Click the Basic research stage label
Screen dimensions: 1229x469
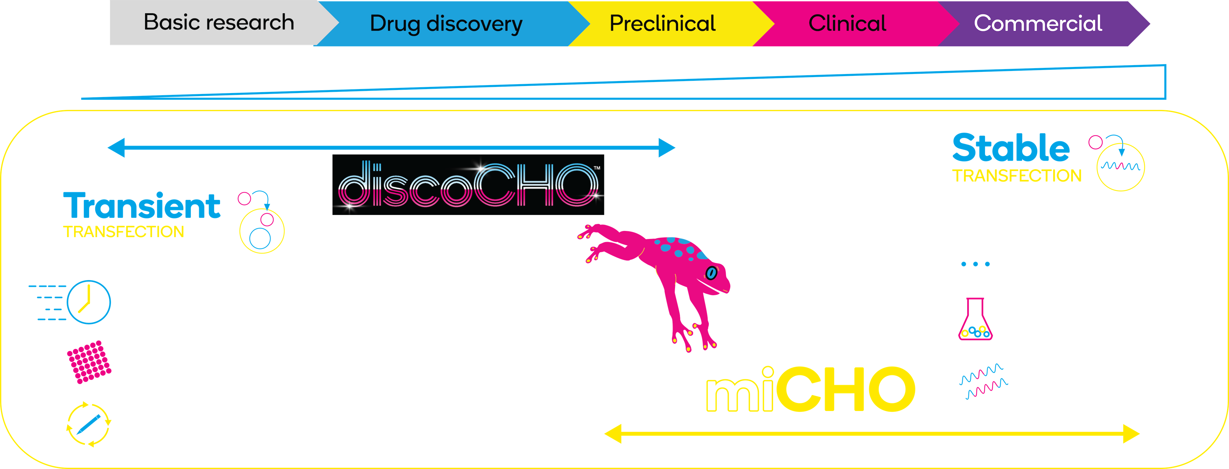click(x=219, y=22)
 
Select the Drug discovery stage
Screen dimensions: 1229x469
click(x=446, y=23)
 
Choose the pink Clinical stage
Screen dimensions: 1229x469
click(x=847, y=23)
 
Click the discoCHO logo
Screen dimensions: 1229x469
click(x=468, y=185)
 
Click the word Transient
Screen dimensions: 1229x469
click(x=142, y=206)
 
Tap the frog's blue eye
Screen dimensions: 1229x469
click(x=711, y=273)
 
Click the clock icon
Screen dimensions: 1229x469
click(x=89, y=302)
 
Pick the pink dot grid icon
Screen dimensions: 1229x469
click(x=89, y=362)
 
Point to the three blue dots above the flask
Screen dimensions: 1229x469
click(x=975, y=264)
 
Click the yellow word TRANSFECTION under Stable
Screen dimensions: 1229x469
click(x=1017, y=176)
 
